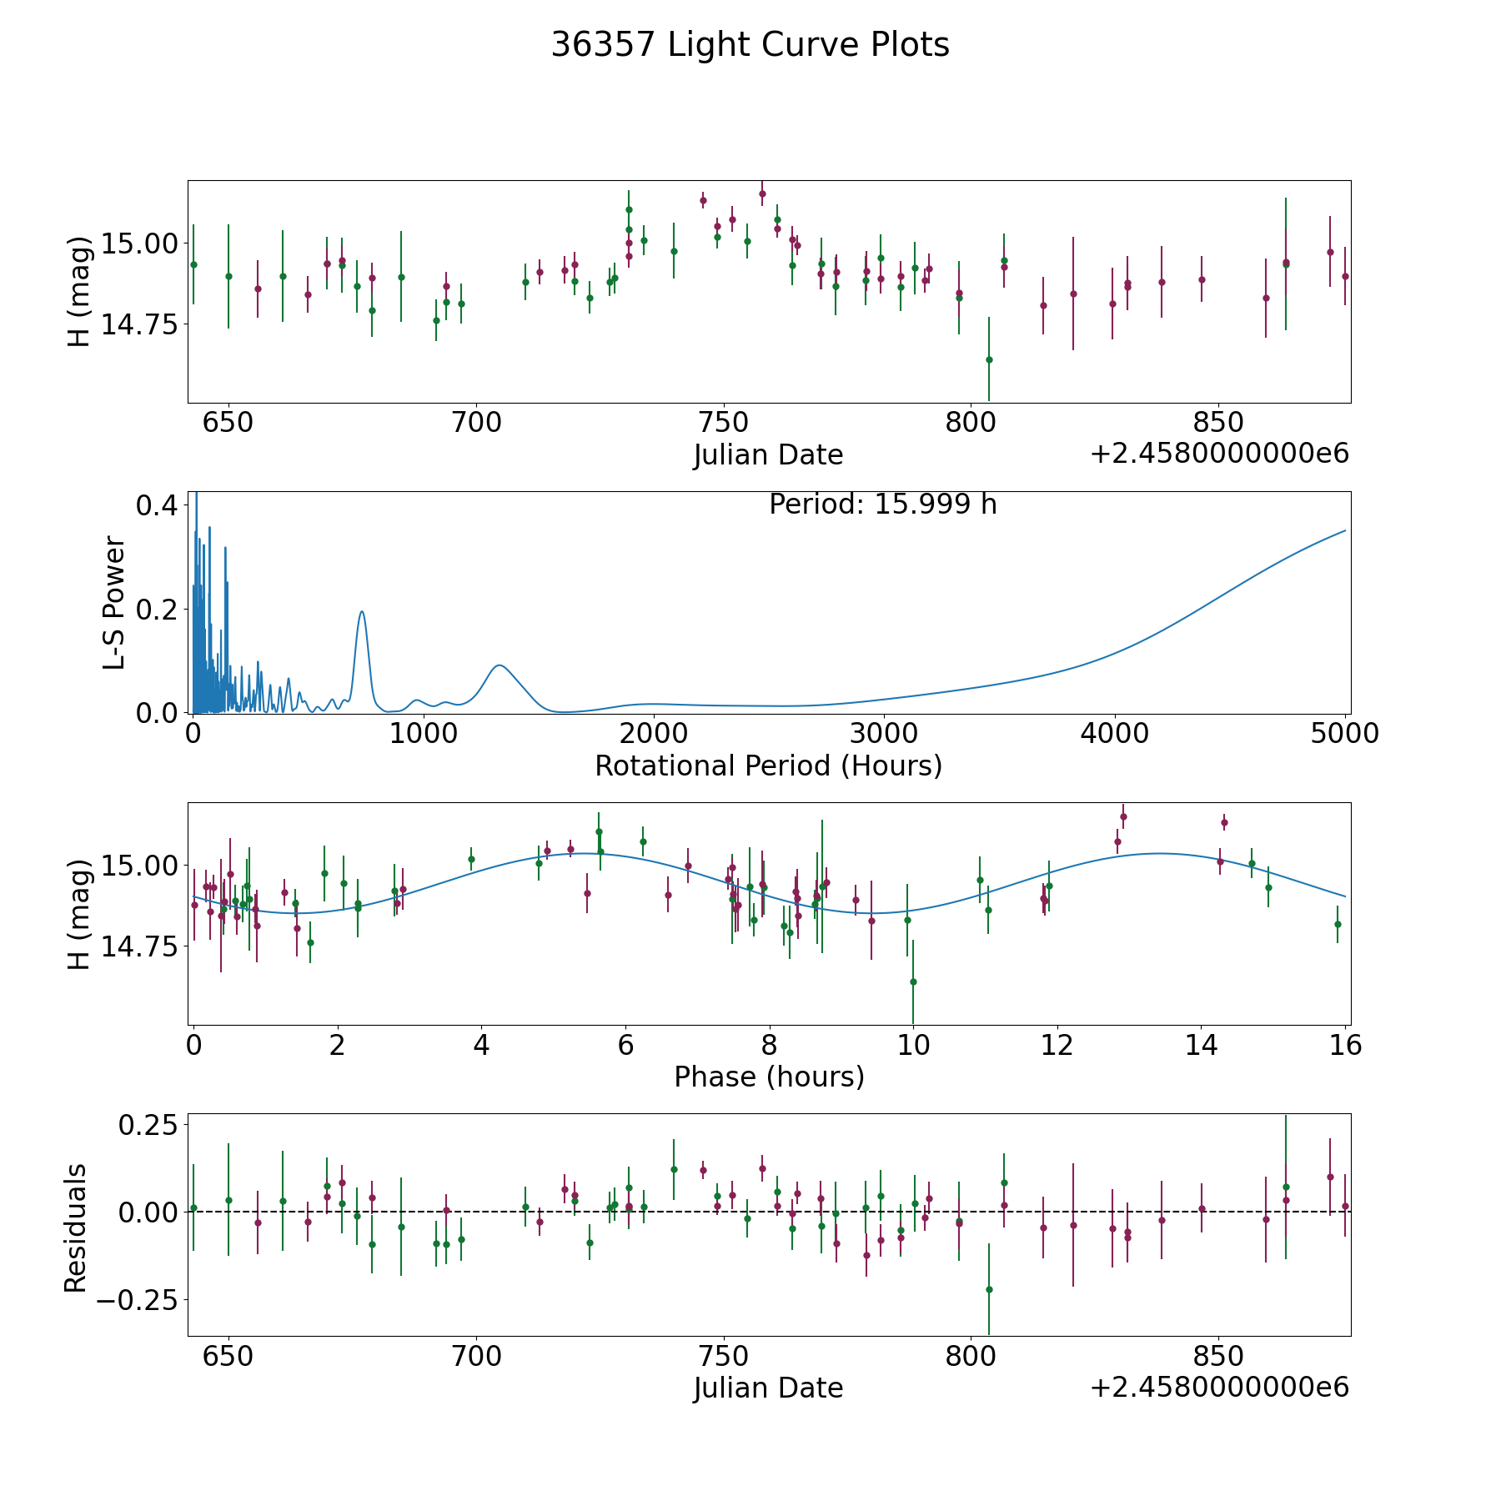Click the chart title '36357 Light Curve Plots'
(750, 45)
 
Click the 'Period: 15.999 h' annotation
(882, 505)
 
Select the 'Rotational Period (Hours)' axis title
(768, 766)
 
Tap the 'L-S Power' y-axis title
(114, 603)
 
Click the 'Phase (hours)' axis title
(769, 1077)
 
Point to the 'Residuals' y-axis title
(76, 1228)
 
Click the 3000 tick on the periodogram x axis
(884, 734)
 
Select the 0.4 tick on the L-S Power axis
(156, 505)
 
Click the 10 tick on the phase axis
(913, 1045)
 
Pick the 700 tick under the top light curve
(476, 423)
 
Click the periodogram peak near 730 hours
(362, 612)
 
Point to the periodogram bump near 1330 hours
(499, 665)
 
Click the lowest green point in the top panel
(989, 360)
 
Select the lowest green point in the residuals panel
(989, 1289)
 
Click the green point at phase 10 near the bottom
(913, 981)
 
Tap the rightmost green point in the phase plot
(1338, 924)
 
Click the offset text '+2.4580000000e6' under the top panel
(1219, 454)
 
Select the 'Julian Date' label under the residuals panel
(768, 1388)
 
